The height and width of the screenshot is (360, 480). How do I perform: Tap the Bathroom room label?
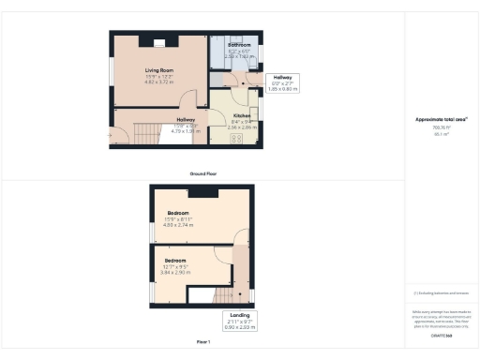238,44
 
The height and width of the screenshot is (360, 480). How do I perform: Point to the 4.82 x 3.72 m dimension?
159,82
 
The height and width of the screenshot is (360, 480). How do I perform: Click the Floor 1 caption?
203,342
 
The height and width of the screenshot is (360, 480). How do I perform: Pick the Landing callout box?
240,321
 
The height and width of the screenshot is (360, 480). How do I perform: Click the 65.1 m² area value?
441,135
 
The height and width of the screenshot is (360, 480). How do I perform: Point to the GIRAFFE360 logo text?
441,336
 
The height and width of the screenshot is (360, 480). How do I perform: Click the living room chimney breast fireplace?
159,42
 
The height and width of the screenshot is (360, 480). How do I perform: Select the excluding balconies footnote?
441,292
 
